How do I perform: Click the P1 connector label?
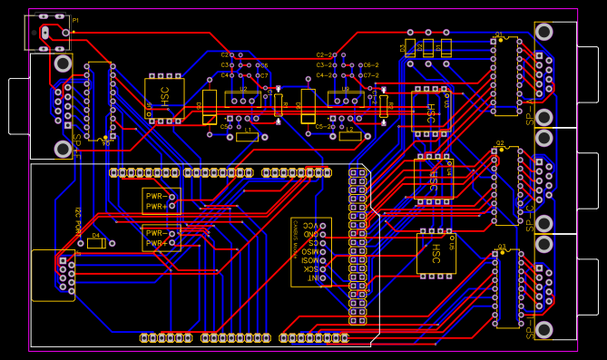[x=75, y=20]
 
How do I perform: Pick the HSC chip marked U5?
[x=436, y=253]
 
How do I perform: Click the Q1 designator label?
[x=499, y=34]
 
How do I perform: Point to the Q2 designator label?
[x=500, y=143]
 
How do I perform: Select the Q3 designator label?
[x=501, y=247]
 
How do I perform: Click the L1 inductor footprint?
[x=247, y=137]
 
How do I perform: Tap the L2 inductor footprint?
[x=349, y=136]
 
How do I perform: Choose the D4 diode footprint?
[x=96, y=242]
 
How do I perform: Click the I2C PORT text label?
[x=79, y=220]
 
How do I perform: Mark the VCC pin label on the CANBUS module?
[x=310, y=224]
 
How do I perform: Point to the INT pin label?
[x=310, y=278]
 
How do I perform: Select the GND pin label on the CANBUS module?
[x=310, y=233]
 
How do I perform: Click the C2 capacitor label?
[x=226, y=55]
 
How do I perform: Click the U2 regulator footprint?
[x=242, y=99]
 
